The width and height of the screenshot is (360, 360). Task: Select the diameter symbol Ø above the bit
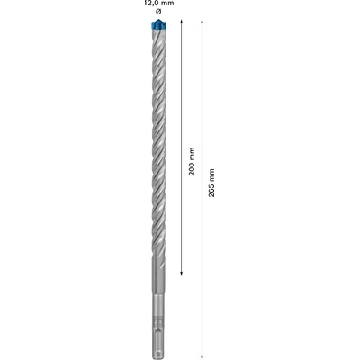pos(158,12)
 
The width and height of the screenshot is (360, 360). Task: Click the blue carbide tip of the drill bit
pos(158,25)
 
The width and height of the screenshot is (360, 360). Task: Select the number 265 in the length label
pos(211,191)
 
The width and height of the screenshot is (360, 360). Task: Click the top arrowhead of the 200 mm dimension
pos(181,22)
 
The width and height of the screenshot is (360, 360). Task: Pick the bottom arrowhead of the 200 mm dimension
pos(181,273)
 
